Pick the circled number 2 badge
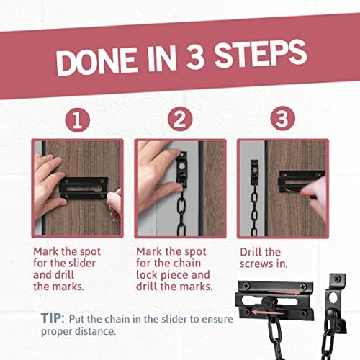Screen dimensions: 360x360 180,120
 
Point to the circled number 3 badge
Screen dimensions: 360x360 283,120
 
